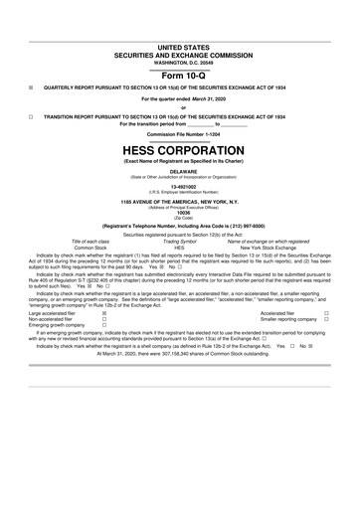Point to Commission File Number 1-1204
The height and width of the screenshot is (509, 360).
[180, 133]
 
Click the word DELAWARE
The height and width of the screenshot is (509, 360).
[180, 169]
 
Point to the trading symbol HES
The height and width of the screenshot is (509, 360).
[180, 248]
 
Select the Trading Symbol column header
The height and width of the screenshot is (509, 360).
[180, 242]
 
